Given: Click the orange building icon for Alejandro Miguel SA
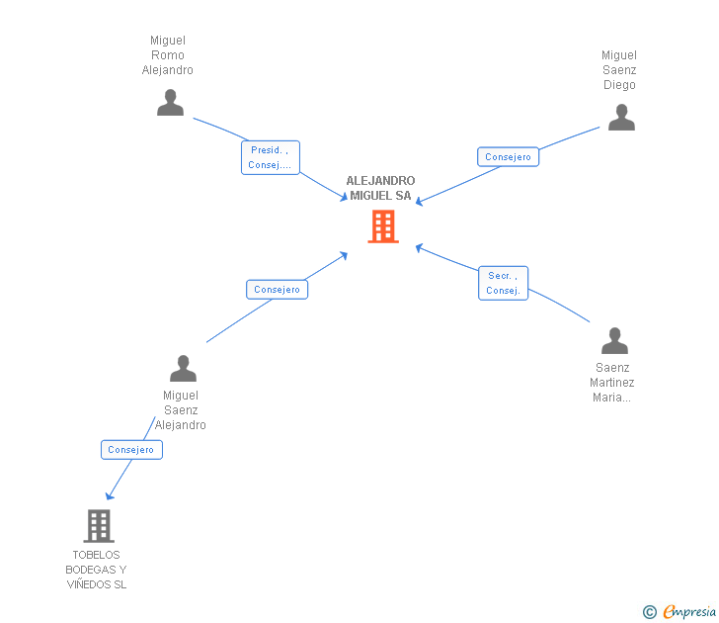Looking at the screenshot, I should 383,226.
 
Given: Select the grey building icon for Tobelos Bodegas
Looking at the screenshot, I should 99,525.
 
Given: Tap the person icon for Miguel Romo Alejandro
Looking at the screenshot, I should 170,103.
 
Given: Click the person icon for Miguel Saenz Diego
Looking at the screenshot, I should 621,118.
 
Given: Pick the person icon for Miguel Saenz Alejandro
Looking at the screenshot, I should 183,368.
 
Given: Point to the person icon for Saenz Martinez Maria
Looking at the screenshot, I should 614,341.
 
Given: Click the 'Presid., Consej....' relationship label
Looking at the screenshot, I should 270,157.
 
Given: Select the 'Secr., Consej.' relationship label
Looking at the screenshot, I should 503,283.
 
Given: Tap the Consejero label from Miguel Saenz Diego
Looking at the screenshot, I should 508,156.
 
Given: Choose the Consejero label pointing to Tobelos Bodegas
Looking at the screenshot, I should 131,449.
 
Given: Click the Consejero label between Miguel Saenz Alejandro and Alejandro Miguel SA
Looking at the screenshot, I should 277,290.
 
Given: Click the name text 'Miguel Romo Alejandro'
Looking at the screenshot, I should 168,55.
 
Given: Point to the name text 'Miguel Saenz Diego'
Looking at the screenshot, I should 619,70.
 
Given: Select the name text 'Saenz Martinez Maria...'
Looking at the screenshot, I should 612,383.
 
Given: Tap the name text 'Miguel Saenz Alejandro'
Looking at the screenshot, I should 181,410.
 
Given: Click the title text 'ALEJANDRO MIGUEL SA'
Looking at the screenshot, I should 380,188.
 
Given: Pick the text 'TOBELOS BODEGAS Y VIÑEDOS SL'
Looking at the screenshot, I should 96,570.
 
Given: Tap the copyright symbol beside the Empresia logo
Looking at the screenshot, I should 649,612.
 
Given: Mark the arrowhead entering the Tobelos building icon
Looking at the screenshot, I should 109,496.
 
